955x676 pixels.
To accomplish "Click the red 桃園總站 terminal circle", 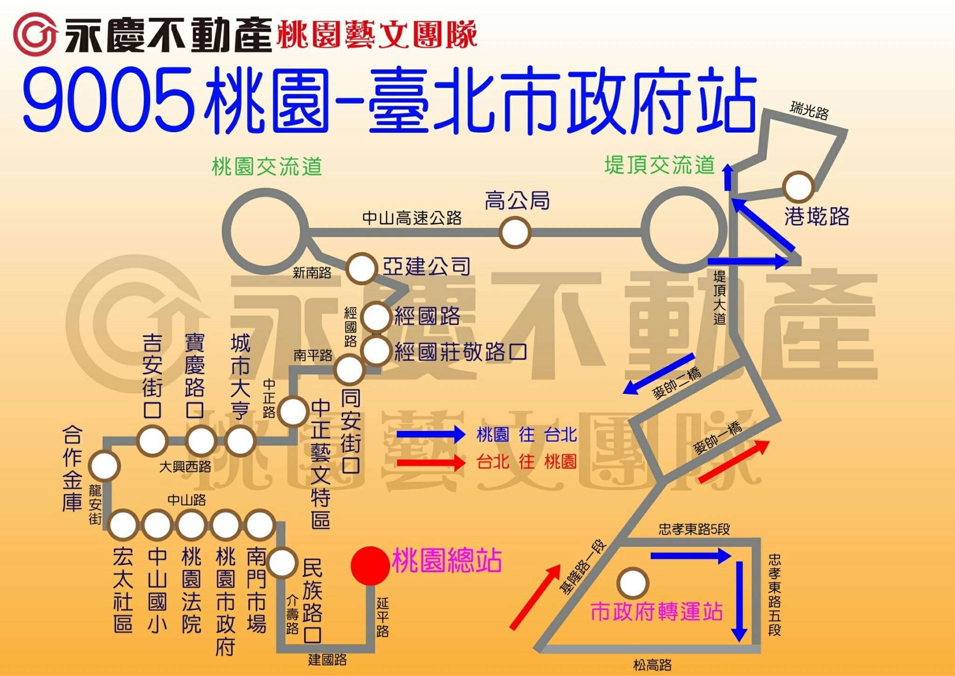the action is coord(370,566).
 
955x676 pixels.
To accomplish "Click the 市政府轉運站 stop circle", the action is coord(633,583).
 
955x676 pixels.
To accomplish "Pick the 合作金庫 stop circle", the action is coord(104,466).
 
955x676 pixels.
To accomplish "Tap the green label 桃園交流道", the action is coord(267,166).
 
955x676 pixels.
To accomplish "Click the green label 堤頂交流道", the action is coord(659,165).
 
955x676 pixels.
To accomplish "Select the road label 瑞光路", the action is coord(809,110).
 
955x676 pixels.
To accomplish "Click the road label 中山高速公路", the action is coord(412,218).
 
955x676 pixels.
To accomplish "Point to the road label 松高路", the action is coord(652,665).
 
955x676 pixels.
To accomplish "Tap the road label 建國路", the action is coord(327,659).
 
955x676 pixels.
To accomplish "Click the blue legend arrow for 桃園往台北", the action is coord(431,435).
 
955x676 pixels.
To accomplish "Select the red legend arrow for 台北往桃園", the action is coord(431,462).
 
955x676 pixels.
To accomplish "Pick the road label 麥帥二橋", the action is coord(677,383).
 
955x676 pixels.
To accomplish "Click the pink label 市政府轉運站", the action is coord(657,611).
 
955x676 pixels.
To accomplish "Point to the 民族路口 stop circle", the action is coord(281,563).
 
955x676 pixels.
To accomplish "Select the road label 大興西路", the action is coord(185,467).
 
